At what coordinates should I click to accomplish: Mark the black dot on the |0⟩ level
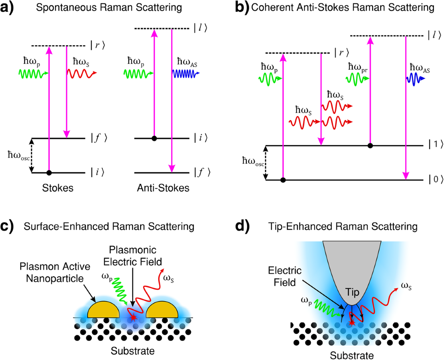point(283,180)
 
